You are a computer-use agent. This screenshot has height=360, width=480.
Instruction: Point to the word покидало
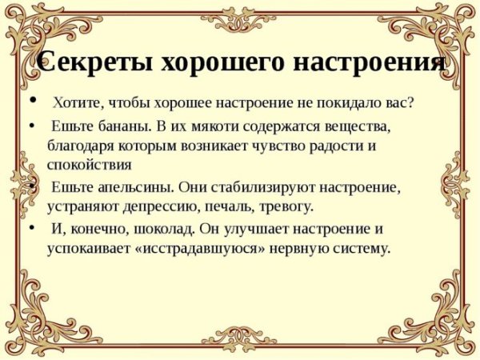346,105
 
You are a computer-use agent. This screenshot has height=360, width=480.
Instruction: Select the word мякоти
214,127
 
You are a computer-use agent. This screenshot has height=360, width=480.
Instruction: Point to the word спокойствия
89,166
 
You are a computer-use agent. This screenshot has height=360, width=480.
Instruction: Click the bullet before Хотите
31,102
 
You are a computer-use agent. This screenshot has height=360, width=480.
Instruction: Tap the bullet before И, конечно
31,226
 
